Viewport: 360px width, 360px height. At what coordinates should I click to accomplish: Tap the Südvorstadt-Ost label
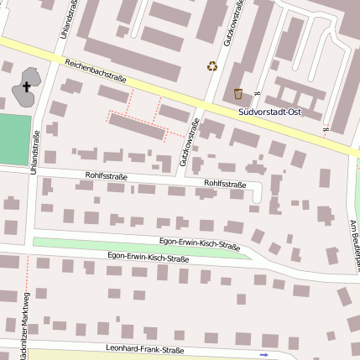coord(269,112)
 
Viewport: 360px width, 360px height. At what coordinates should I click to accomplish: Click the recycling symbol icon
coord(212,66)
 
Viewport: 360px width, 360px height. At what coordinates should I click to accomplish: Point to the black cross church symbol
coord(26,86)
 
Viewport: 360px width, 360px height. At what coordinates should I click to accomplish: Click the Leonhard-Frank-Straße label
coord(144,348)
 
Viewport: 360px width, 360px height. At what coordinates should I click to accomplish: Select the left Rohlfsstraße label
coord(107,176)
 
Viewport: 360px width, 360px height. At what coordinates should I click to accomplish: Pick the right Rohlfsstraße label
coord(225,184)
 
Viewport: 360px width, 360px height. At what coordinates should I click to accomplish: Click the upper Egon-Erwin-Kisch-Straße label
coord(199,243)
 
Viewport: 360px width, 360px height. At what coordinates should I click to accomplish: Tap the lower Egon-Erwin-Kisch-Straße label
coord(149,257)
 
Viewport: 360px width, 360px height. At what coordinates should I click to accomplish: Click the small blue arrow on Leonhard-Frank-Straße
coord(264,355)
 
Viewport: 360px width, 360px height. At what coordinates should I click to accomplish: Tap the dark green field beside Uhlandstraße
coord(12,139)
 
